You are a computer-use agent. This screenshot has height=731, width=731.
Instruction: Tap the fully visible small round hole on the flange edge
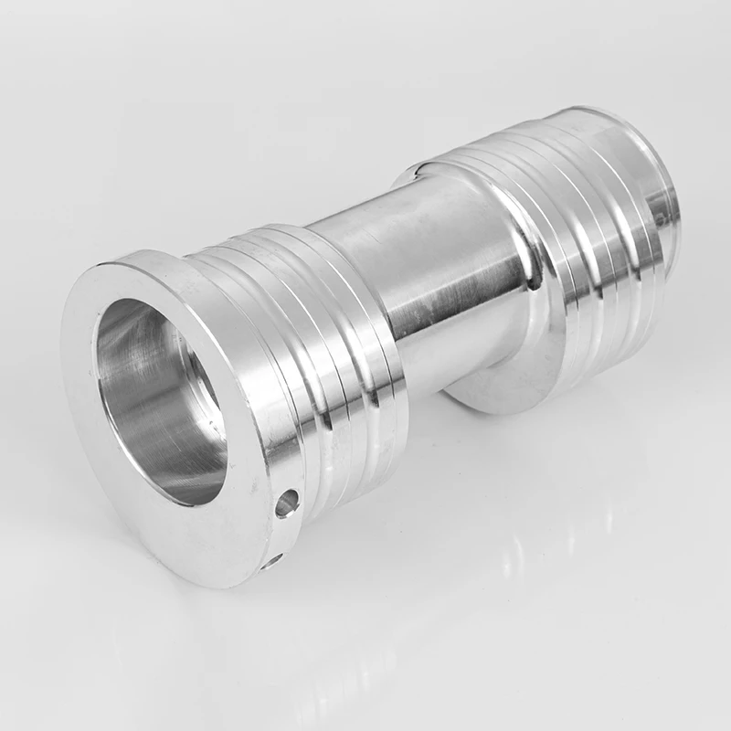pos(286,502)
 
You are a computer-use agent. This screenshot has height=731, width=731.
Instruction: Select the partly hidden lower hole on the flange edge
pos(271,559)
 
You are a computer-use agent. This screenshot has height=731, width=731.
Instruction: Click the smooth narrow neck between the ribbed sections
pos(429,274)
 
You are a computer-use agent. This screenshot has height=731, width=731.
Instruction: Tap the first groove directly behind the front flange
pos(274,384)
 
